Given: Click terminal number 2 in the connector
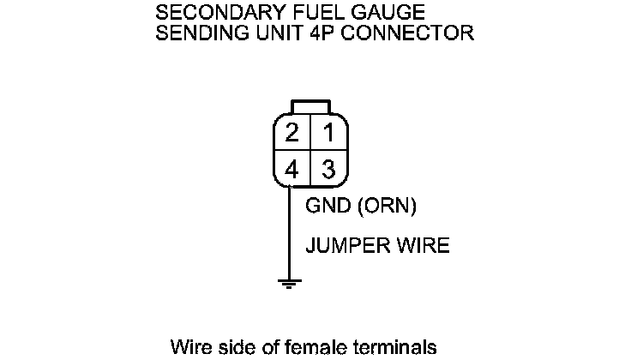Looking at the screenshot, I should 292,134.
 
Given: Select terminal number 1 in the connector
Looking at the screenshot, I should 327,134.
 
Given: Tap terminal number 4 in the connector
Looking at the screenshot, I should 292,170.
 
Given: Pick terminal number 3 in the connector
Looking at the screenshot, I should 327,170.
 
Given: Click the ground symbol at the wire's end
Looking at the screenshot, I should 291,283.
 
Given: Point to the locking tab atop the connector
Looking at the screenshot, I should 309,106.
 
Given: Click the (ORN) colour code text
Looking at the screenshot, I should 386,207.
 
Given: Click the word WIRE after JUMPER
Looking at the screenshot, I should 422,246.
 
